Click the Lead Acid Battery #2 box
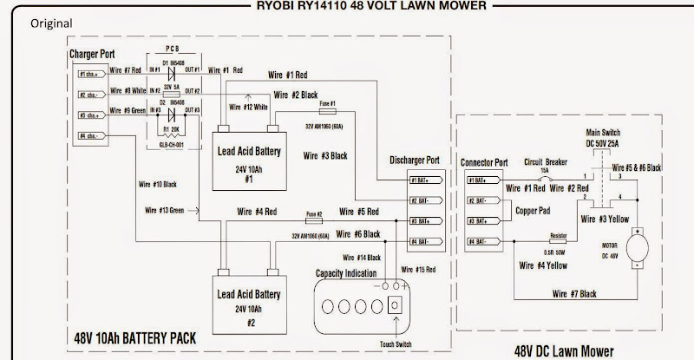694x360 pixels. (x=248, y=299)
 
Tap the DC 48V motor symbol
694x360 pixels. (x=638, y=248)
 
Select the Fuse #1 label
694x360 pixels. (x=327, y=103)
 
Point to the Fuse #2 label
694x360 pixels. (x=314, y=213)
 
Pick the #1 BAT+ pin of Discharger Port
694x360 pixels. (x=426, y=180)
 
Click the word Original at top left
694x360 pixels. (x=50, y=23)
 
